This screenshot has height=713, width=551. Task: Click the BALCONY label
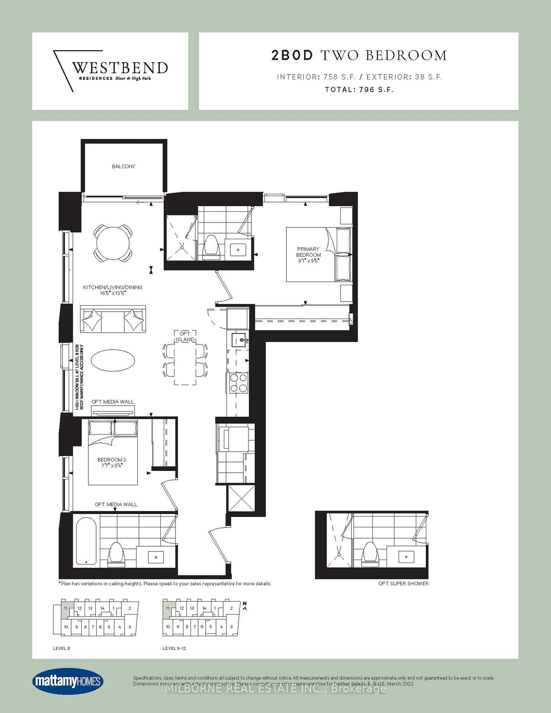pyautogui.click(x=124, y=166)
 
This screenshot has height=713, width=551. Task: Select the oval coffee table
pyautogui.click(x=113, y=360)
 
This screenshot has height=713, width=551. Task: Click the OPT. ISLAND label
pyautogui.click(x=185, y=337)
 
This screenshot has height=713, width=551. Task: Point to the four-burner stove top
pyautogui.click(x=238, y=383)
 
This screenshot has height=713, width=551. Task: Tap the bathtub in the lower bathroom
pyautogui.click(x=86, y=542)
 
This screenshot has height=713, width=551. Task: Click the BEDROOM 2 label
pyautogui.click(x=112, y=462)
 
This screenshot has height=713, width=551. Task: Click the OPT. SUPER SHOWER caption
pyautogui.click(x=403, y=583)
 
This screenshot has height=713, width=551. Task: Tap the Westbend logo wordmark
pyautogui.click(x=120, y=68)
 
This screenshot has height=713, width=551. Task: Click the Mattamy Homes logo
pyautogui.click(x=68, y=681)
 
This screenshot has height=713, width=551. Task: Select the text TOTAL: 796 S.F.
pyautogui.click(x=359, y=89)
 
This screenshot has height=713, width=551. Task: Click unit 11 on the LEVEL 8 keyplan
pyautogui.click(x=65, y=608)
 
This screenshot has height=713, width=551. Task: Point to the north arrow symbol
pyautogui.click(x=245, y=606)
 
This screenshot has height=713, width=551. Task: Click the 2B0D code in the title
pyautogui.click(x=293, y=55)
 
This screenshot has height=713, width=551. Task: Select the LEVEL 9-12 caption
pyautogui.click(x=174, y=648)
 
